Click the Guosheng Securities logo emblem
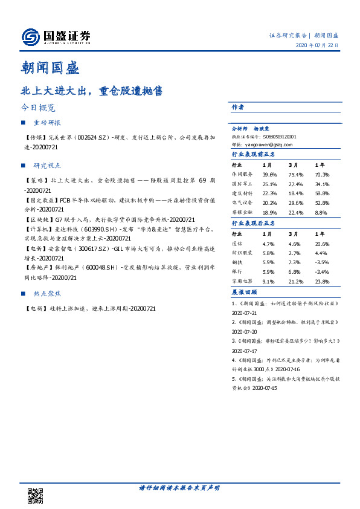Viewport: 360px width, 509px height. point(31,37)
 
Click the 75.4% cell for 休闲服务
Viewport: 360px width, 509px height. point(295,175)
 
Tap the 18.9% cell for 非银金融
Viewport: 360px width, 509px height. point(269,213)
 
